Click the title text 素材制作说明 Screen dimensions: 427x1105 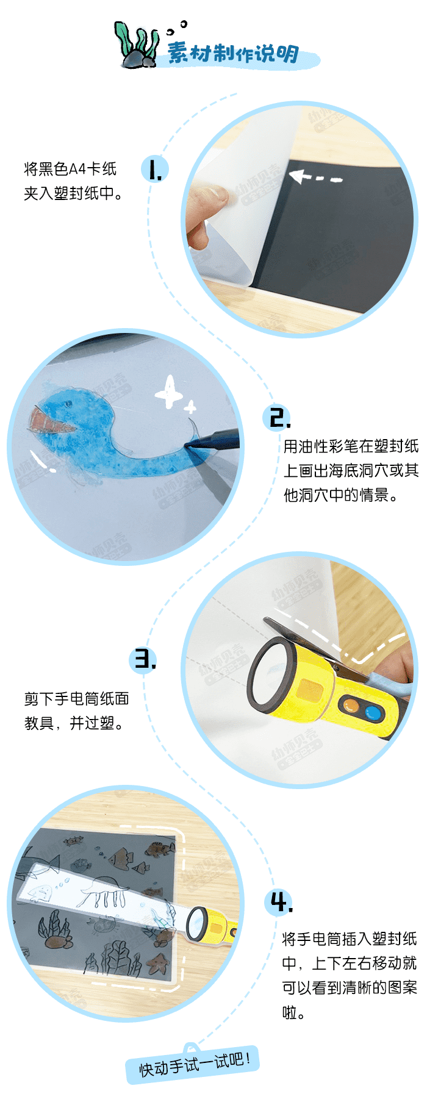click(x=233, y=54)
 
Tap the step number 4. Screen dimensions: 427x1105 click(x=281, y=902)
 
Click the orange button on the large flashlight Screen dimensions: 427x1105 click(x=351, y=706)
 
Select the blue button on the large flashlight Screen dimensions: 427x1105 click(x=372, y=712)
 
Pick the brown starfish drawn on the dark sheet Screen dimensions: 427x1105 click(x=158, y=963)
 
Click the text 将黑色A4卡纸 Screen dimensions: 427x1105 click(x=70, y=169)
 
